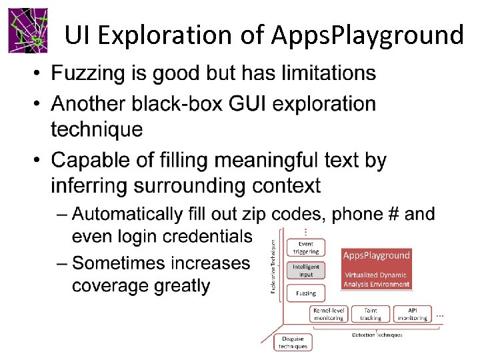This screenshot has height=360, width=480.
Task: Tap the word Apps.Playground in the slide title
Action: [x=367, y=35]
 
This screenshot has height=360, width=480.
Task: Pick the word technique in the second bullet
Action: [x=97, y=129]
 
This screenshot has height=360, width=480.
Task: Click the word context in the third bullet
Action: [x=283, y=185]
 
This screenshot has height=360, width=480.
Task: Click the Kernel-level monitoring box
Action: [x=329, y=314]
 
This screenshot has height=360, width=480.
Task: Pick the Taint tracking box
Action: [x=371, y=314]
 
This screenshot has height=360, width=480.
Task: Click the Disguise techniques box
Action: [x=293, y=342]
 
